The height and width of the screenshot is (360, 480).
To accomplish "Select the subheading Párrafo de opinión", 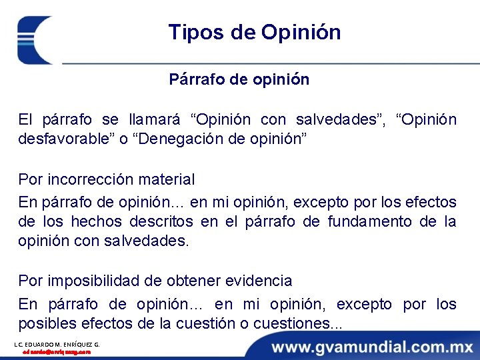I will tap(239, 79).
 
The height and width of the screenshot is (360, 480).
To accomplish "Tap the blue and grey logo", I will tap(37, 39).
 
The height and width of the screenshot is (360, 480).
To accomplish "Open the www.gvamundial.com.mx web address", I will tap(372, 347).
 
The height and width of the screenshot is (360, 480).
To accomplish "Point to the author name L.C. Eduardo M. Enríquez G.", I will tap(57, 344).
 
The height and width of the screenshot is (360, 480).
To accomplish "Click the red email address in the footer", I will tap(57, 352).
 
